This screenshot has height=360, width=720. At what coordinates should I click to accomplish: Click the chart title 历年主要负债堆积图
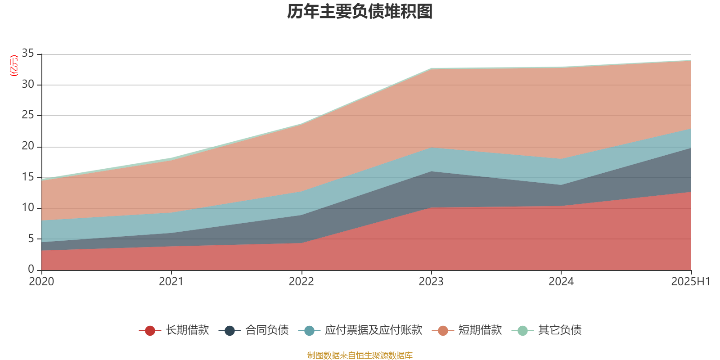pyautogui.click(x=360, y=12)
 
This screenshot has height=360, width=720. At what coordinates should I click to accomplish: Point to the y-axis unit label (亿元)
pyautogui.click(x=14, y=66)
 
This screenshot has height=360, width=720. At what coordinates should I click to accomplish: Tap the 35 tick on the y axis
pyautogui.click(x=28, y=54)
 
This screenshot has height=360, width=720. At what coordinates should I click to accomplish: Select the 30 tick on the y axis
pyautogui.click(x=28, y=84)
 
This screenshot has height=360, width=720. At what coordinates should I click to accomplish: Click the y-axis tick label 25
pyautogui.click(x=28, y=115)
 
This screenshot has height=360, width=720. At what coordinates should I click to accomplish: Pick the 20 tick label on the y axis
pyautogui.click(x=28, y=146)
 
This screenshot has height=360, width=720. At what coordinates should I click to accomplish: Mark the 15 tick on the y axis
pyautogui.click(x=28, y=177)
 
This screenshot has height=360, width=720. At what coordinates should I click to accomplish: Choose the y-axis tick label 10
pyautogui.click(x=28, y=207)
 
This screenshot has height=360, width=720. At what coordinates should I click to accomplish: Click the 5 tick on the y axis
pyautogui.click(x=31, y=238)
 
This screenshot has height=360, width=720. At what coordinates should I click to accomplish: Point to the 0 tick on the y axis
pyautogui.click(x=31, y=269)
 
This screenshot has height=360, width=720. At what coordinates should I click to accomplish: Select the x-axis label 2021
pyautogui.click(x=171, y=282)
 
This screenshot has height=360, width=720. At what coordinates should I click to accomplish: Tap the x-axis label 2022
pyautogui.click(x=301, y=282)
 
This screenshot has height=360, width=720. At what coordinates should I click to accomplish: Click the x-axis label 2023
pyautogui.click(x=431, y=282)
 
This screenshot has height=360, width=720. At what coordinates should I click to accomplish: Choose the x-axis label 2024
pyautogui.click(x=561, y=282)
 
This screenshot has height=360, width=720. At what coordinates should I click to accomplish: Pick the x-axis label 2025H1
pyautogui.click(x=690, y=282)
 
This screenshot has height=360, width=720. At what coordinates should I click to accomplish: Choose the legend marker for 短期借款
pyautogui.click(x=443, y=331)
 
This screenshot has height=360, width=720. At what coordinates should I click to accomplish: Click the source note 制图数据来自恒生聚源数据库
pyautogui.click(x=360, y=355)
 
